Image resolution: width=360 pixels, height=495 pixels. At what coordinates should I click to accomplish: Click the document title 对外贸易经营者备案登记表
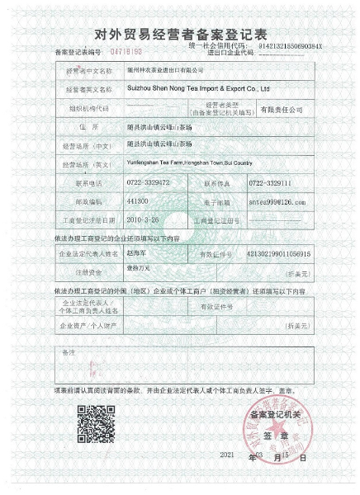[180, 34]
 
